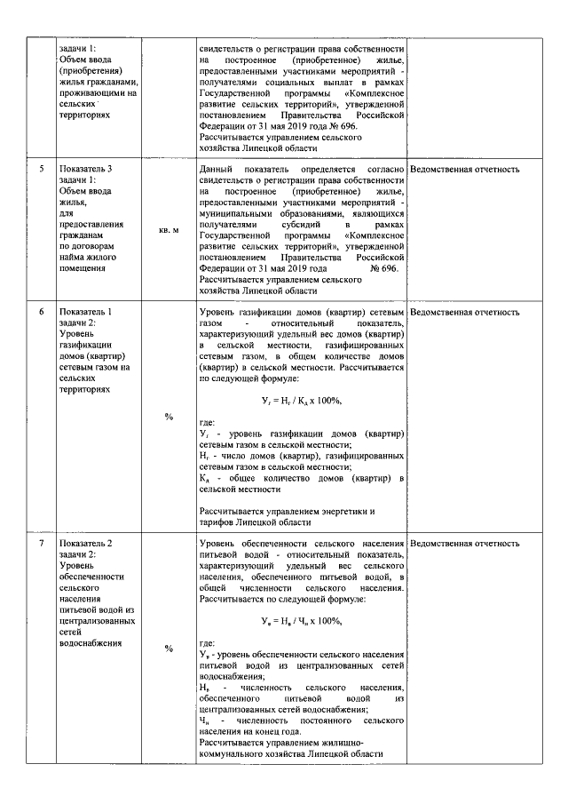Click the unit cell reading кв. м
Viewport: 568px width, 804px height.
tap(169, 230)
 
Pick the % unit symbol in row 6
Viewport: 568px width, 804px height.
tap(169, 416)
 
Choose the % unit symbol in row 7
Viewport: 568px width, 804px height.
tap(169, 648)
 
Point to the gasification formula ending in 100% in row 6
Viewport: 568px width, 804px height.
tap(301, 402)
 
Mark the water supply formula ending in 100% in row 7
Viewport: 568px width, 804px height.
tap(301, 620)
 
